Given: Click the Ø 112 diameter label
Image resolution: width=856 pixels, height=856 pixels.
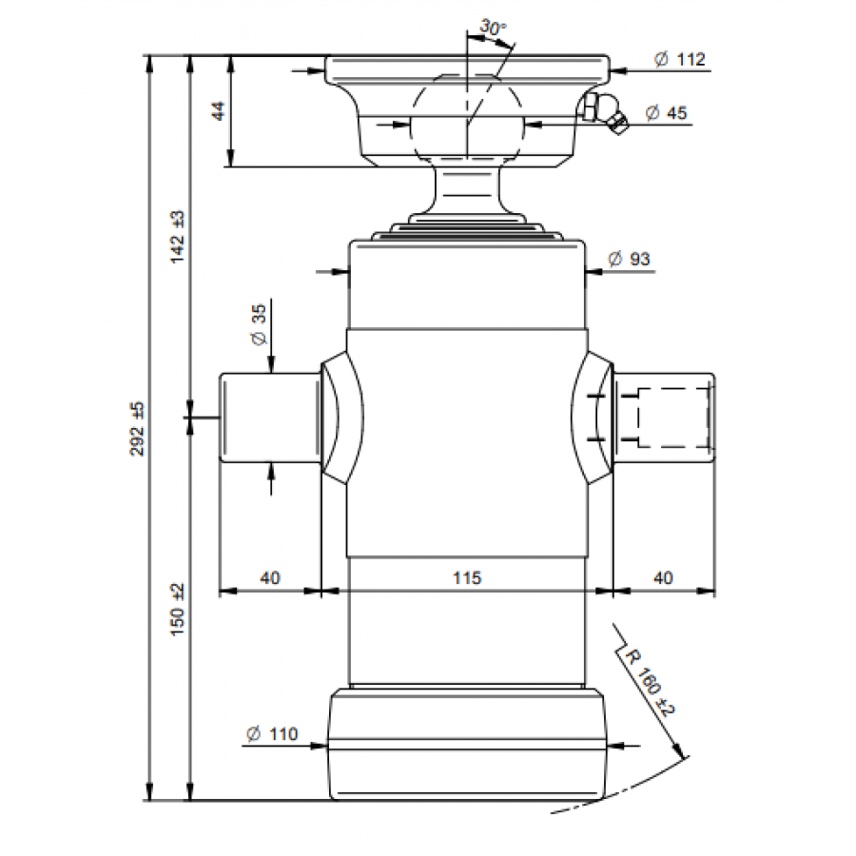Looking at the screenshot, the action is tap(680, 59).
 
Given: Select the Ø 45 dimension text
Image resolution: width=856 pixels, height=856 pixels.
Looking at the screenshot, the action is tap(666, 113).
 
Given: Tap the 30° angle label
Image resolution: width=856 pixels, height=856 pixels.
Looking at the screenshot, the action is tap(493, 27).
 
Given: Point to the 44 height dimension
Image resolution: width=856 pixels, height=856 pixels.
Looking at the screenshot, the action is tap(218, 111).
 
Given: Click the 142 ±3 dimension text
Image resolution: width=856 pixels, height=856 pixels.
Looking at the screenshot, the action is tap(178, 238).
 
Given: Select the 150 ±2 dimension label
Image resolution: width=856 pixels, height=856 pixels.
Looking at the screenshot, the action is tap(178, 610).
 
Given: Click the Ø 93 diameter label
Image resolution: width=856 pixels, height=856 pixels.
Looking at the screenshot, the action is tap(630, 258).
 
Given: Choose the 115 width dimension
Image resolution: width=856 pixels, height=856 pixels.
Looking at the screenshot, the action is tap(467, 577).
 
